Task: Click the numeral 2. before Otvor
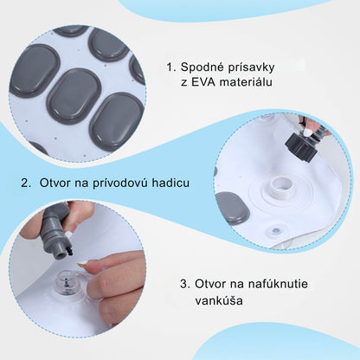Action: (26, 183)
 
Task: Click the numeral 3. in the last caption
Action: (185, 283)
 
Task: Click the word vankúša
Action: (219, 302)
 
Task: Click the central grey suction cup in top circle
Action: (73, 93)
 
